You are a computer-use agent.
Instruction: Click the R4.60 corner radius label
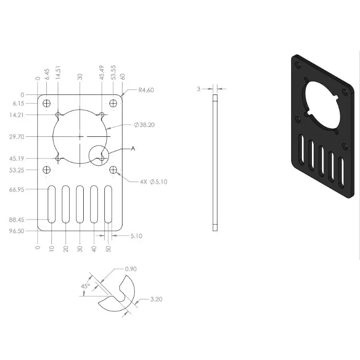point(146,90)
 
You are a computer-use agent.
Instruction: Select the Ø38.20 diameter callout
point(144,125)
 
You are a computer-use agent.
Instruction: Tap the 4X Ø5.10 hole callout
point(153,182)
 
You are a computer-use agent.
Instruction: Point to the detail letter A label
point(133,149)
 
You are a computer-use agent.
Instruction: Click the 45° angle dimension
point(85,286)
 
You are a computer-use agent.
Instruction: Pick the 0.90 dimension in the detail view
point(130,269)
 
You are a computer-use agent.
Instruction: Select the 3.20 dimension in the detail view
point(156,299)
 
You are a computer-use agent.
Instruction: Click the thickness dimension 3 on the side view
point(198,89)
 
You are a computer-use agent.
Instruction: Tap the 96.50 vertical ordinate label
point(17,231)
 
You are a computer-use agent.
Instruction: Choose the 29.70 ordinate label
point(17,137)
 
